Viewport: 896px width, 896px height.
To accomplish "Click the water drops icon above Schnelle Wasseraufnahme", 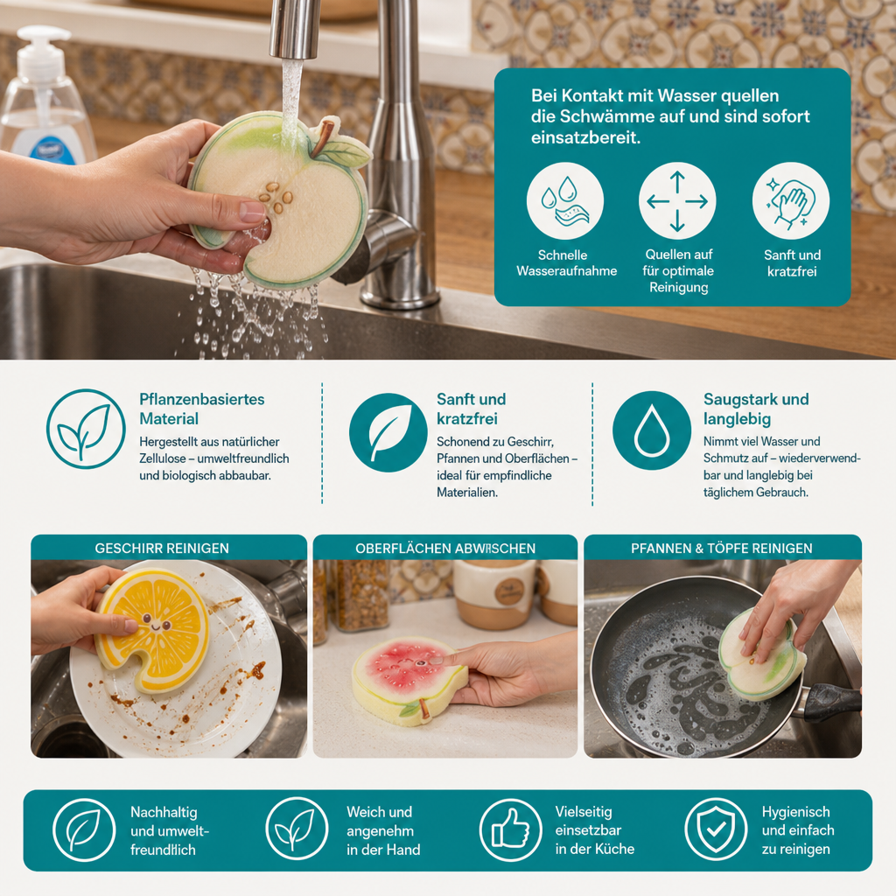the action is coord(564,201).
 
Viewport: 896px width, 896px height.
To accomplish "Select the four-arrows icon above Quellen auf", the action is coord(677,201).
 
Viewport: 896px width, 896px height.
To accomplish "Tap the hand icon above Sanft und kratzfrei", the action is coord(791,201).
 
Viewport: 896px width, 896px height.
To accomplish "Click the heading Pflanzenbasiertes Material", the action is coord(202,409).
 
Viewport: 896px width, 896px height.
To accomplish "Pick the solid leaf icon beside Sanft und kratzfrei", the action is coord(388,432).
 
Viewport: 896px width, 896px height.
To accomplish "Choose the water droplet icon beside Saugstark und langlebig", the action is coord(651,430).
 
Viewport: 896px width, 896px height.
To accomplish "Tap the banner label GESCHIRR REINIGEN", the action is coord(162,548).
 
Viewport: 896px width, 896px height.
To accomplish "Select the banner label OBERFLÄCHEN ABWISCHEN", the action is coord(445,548).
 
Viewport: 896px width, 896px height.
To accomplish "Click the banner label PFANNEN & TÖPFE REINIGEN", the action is coord(722,548).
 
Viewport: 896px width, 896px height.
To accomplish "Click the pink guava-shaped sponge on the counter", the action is coord(409,681).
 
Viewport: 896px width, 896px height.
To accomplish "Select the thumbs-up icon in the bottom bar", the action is coord(510,829).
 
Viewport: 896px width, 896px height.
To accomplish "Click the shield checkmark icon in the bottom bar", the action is coord(716,829).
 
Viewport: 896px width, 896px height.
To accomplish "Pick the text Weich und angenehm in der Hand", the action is coord(383,830).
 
